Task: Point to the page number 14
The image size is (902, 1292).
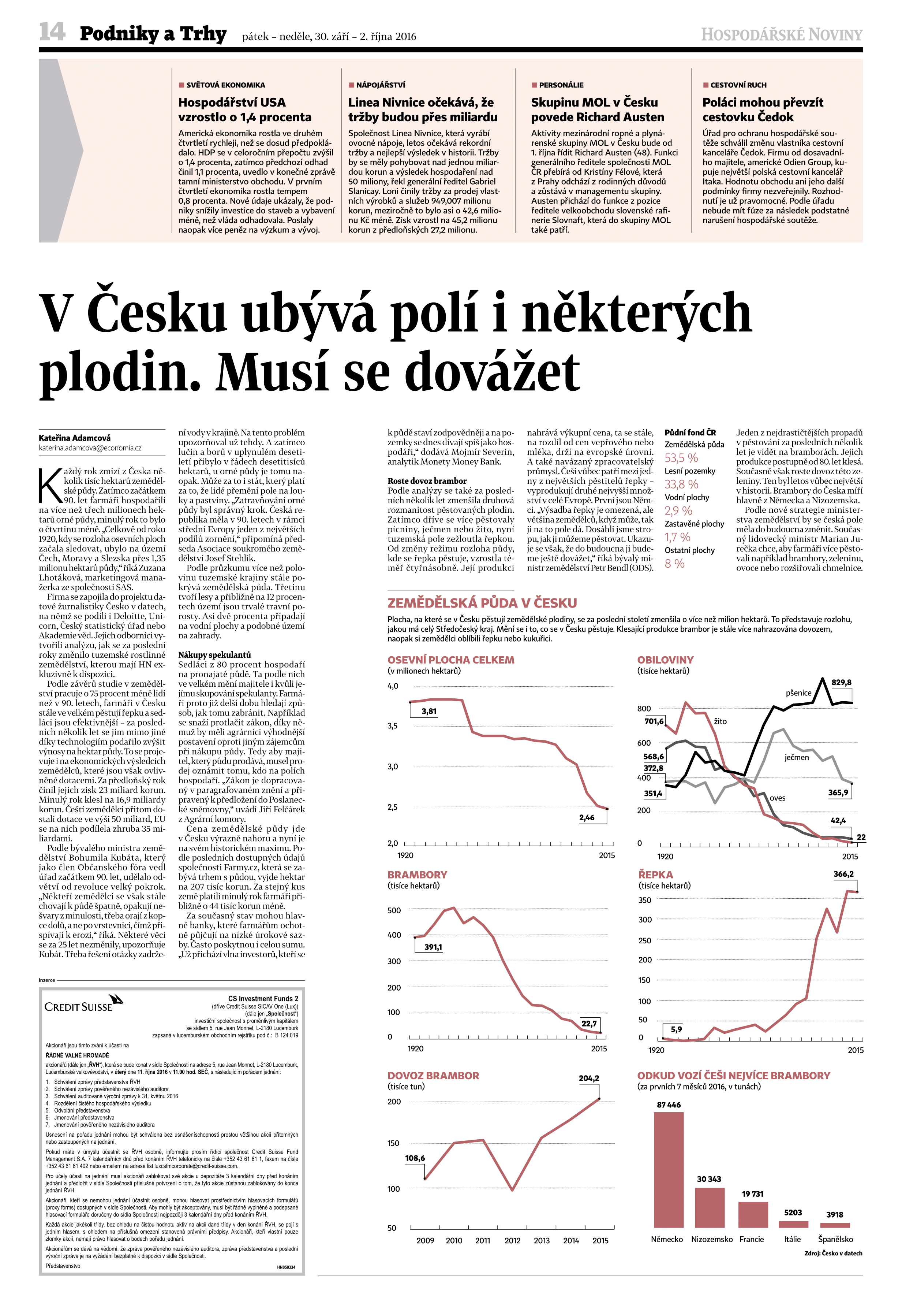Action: coord(52,32)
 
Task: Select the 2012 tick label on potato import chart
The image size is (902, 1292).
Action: coord(512,1240)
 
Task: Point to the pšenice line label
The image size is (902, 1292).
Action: coord(798,693)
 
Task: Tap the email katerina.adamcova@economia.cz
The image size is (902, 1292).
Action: coord(90,448)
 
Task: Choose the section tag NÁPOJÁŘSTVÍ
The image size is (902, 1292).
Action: coord(380,85)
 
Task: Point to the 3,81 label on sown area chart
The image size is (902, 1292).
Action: coord(429,711)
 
